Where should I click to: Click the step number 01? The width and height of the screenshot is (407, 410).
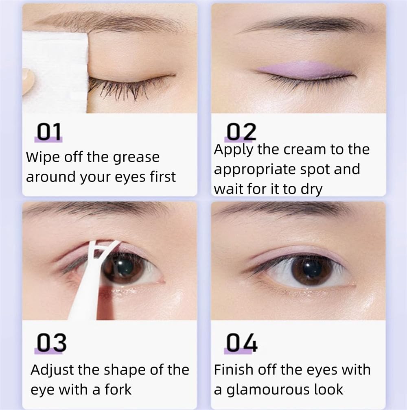(x=49, y=131)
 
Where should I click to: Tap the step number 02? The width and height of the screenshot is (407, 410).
(x=241, y=131)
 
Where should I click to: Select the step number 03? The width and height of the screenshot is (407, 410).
(x=51, y=342)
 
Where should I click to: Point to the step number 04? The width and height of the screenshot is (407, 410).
(x=242, y=342)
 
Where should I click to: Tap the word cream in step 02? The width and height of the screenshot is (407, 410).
(x=305, y=149)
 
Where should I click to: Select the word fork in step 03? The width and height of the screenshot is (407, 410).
(x=118, y=389)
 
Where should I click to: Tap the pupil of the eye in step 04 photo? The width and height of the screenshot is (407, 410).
(x=312, y=270)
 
